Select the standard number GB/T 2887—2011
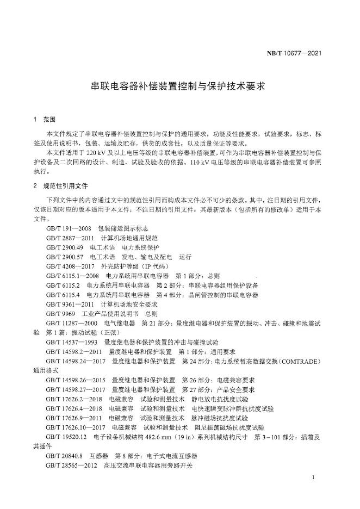click(69, 238)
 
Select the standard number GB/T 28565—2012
click(71, 466)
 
